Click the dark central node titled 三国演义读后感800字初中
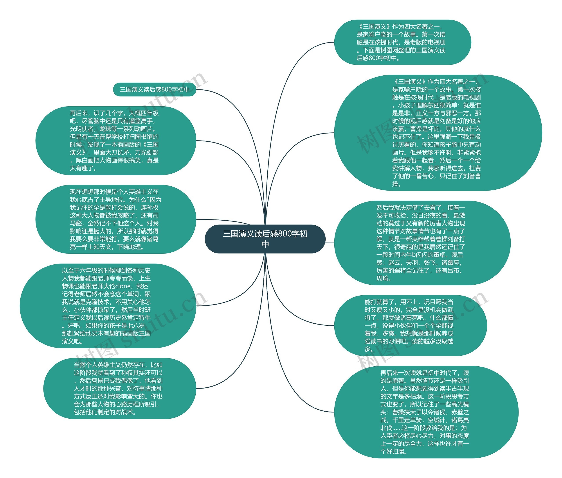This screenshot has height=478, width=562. [x=265, y=239]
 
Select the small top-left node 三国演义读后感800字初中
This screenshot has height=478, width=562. [x=154, y=89]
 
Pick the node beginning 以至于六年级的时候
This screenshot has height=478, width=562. [x=108, y=306]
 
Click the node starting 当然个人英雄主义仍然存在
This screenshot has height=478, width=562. [x=119, y=388]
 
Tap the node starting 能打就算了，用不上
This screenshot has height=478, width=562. [x=410, y=325]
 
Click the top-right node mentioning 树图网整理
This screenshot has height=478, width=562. [x=402, y=42]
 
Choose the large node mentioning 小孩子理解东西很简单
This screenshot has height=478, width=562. [x=438, y=133]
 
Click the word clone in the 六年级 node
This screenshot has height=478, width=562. [x=123, y=286]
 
